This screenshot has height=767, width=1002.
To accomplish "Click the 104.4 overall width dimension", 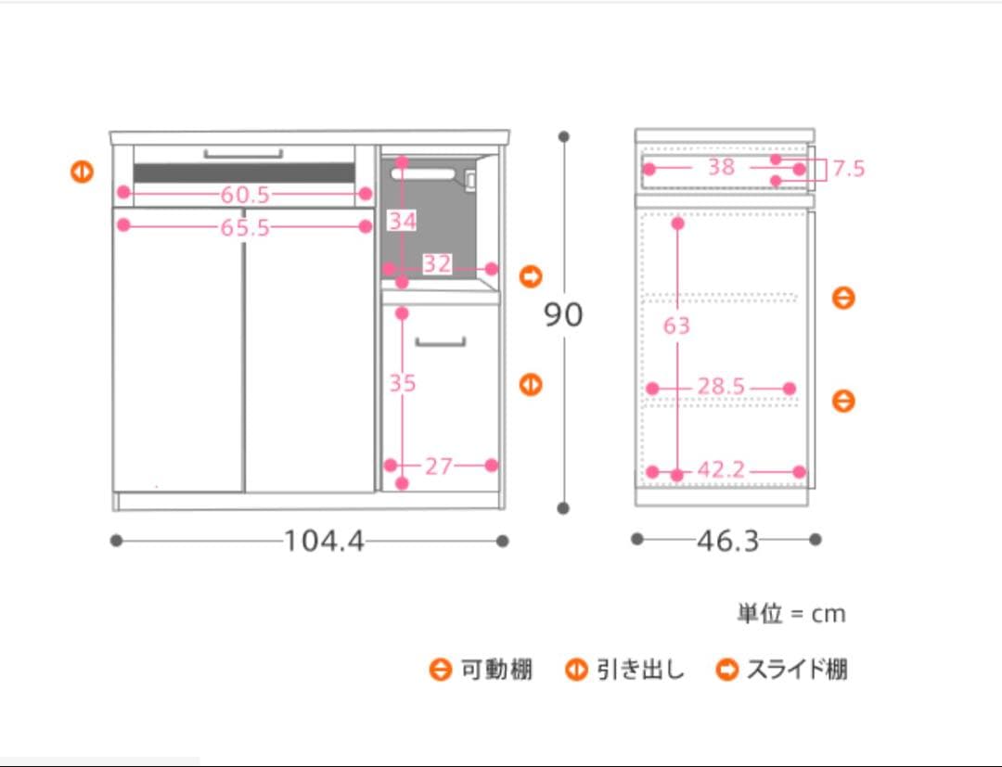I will [x=324, y=541].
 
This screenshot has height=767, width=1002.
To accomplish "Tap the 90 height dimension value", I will [x=563, y=315].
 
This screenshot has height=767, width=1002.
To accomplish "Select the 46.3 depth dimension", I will [x=727, y=541].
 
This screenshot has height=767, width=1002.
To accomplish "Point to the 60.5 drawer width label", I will [x=245, y=195].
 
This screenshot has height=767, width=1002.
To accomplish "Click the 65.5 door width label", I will [x=245, y=227].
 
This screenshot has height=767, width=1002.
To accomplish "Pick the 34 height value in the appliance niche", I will [x=402, y=221].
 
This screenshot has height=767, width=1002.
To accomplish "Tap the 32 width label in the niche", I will [x=437, y=264].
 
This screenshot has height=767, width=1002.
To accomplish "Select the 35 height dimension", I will [x=402, y=382].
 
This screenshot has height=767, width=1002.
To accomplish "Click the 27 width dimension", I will [x=438, y=467].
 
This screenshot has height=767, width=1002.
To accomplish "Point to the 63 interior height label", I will [x=676, y=326].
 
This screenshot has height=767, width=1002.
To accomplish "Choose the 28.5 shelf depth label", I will [x=721, y=387].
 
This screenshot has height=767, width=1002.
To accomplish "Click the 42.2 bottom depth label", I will [x=721, y=470].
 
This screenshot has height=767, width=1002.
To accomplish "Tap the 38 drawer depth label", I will [x=721, y=167].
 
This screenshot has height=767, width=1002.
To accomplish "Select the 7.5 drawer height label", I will [x=848, y=169].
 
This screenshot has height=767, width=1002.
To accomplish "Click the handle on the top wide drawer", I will [x=243, y=153].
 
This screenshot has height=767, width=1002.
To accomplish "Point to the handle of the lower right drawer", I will [x=440, y=342].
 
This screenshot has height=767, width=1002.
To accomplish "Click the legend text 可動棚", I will [x=496, y=670].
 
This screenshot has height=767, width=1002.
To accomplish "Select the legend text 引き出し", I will [x=639, y=670].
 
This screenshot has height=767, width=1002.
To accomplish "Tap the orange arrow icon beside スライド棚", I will [x=726, y=670].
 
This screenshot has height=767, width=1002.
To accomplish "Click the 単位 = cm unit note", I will [x=790, y=614].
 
